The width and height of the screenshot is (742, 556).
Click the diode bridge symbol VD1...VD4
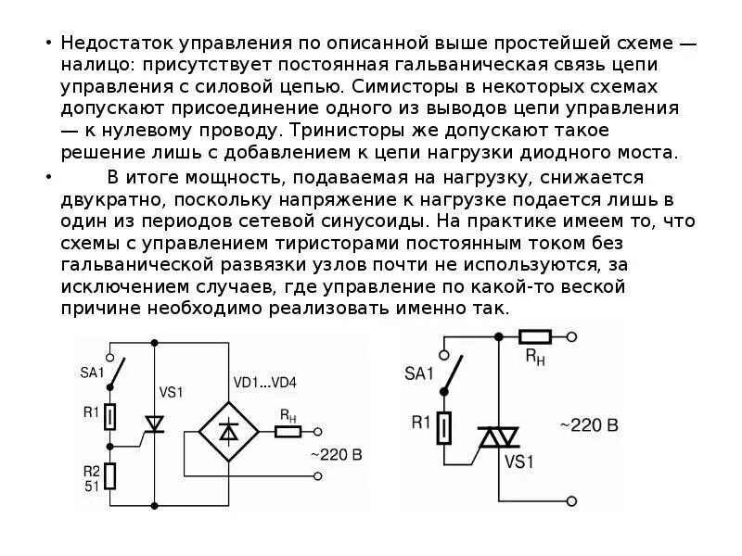tap(228, 431)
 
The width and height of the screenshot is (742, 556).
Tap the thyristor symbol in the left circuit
tap(154, 423)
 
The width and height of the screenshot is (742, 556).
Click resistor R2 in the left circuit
tap(109, 476)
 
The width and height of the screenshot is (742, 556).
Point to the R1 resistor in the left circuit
tap(109, 416)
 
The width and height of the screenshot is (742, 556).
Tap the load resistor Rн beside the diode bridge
tap(288, 431)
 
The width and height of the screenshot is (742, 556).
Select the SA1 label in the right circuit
tap(418, 374)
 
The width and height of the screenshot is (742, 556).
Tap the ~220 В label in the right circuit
tap(588, 426)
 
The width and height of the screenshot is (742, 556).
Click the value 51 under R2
tap(92, 485)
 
